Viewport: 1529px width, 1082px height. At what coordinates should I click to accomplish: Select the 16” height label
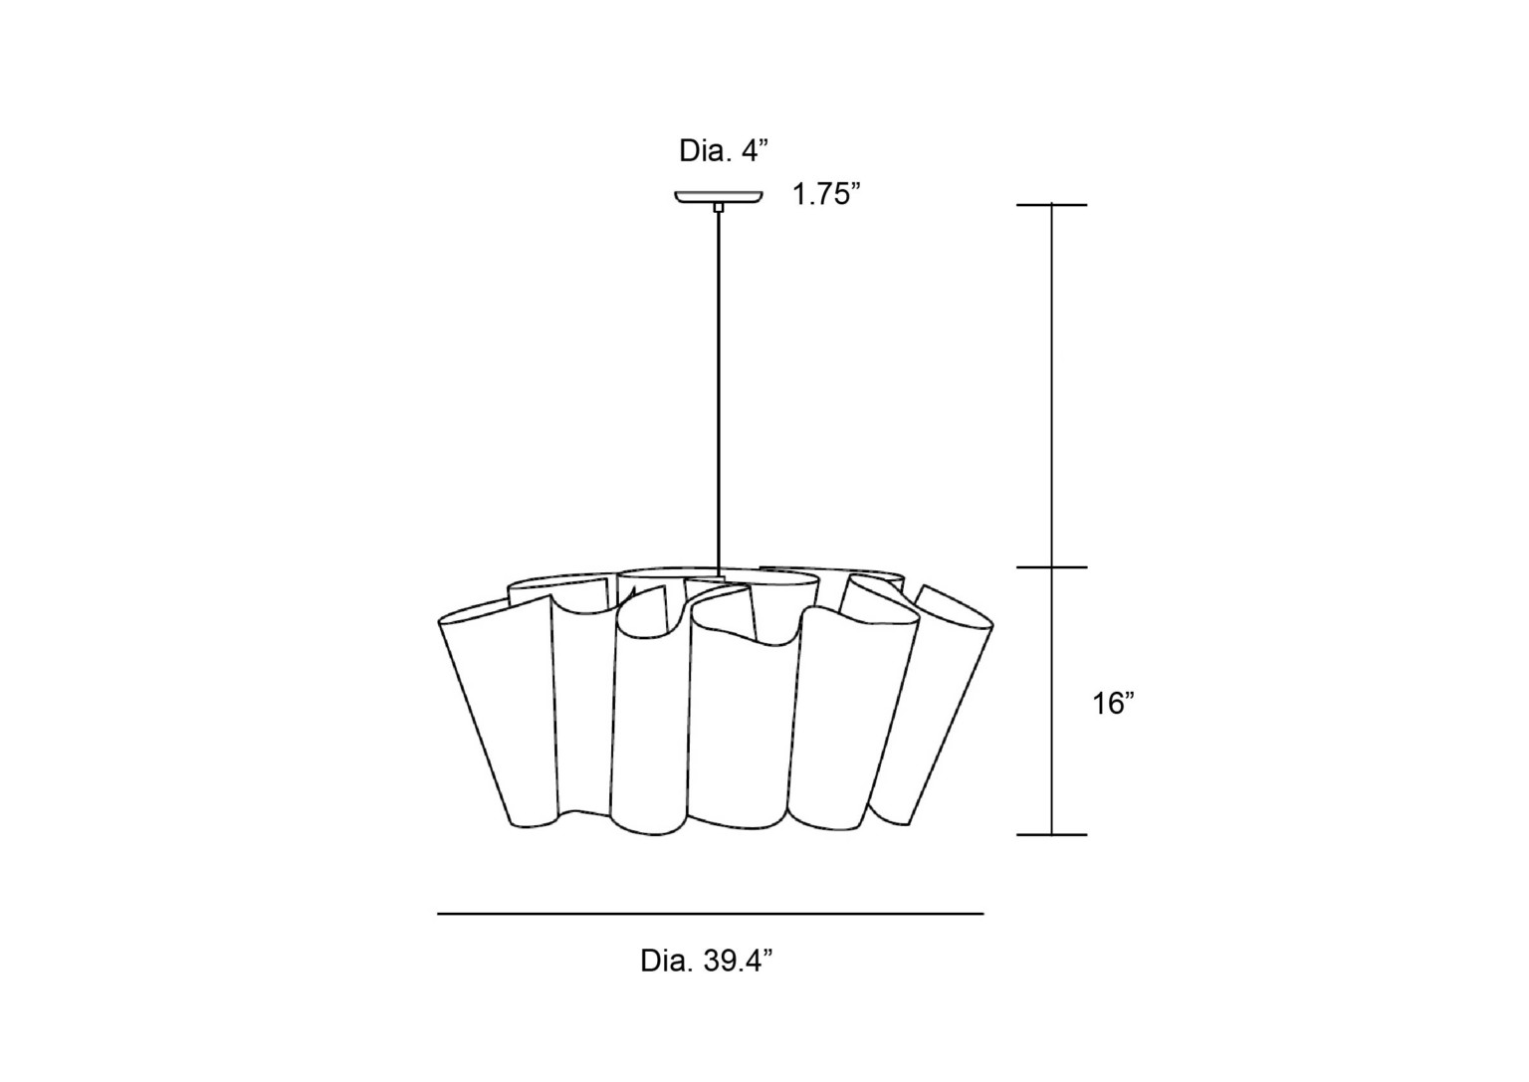[1113, 703]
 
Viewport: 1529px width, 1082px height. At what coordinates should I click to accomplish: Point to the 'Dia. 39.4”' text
[707, 961]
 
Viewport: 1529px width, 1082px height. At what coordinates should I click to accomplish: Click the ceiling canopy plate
[719, 197]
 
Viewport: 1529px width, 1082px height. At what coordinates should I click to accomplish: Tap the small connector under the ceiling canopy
[718, 207]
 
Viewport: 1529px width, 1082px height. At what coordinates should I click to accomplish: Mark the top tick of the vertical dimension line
[1051, 205]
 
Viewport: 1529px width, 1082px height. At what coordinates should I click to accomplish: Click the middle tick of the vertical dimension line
[1051, 567]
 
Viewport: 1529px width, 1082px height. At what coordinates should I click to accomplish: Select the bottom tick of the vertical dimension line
[1051, 834]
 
